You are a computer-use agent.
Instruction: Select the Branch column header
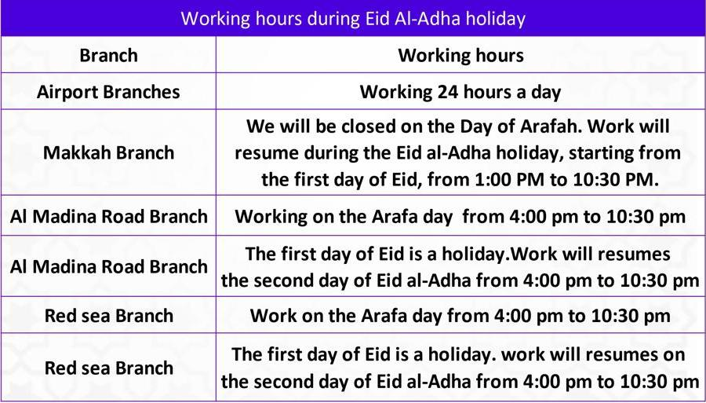(x=108, y=55)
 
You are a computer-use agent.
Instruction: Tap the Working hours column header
(x=460, y=55)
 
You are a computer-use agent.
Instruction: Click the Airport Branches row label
(x=108, y=92)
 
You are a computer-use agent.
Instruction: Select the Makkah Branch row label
(x=108, y=152)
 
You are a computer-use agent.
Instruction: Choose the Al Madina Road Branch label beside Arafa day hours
(x=108, y=216)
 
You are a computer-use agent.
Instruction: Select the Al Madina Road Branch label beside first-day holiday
(x=108, y=266)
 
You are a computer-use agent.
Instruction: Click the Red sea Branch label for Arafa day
(x=108, y=316)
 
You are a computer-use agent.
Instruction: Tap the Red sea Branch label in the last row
(x=108, y=368)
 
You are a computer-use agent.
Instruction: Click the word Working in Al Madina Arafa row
(x=267, y=216)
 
